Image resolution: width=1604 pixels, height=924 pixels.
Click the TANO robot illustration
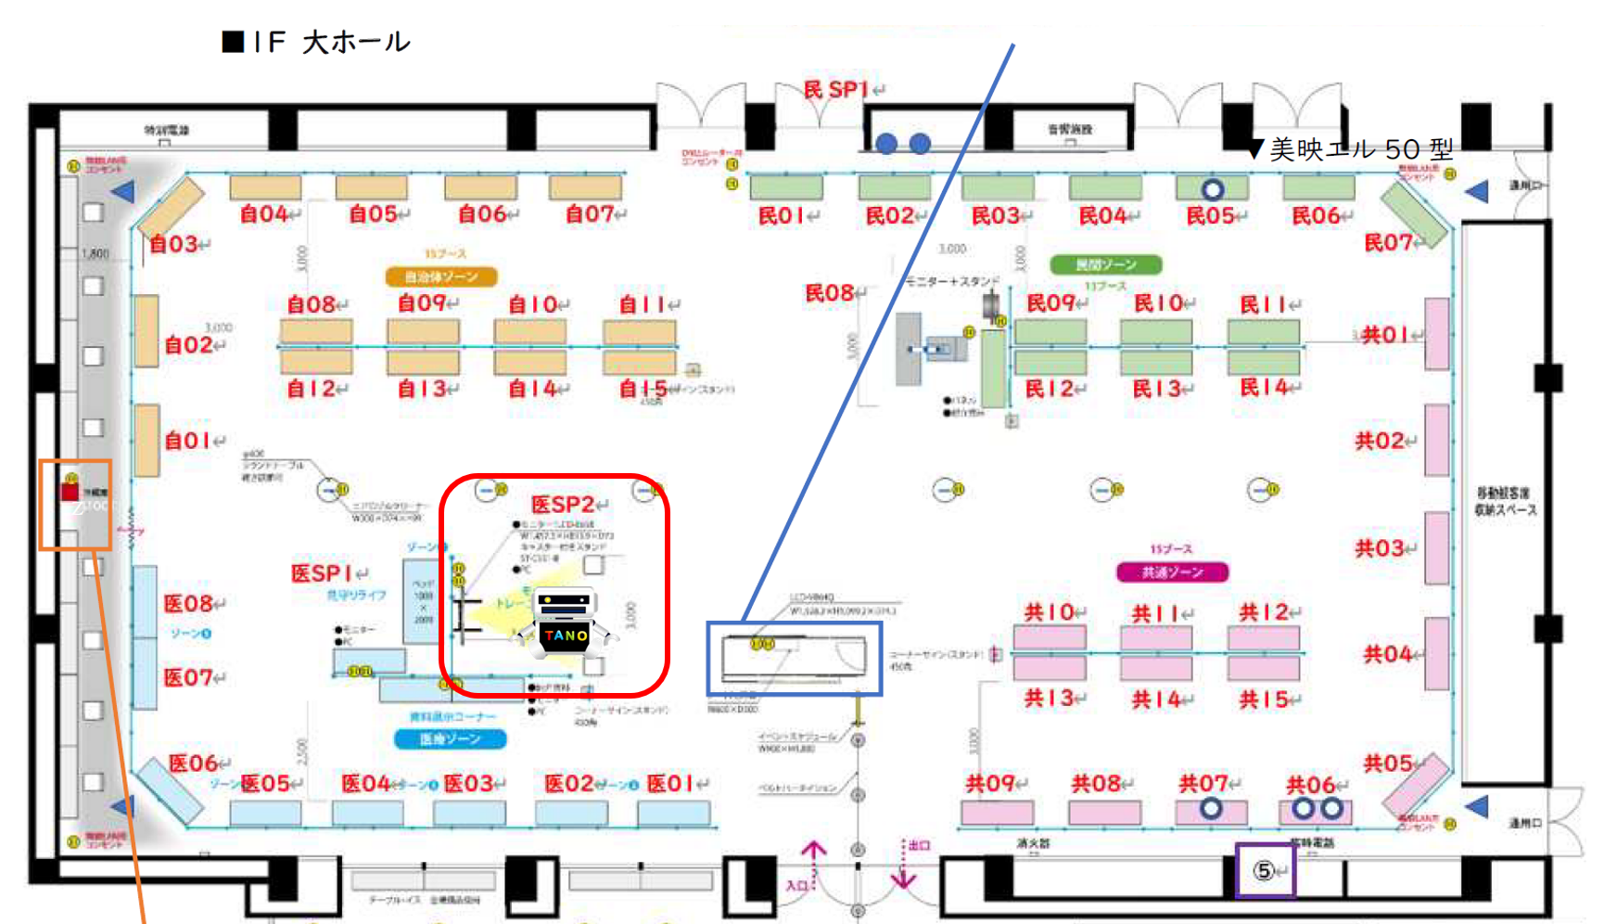coord(565,624)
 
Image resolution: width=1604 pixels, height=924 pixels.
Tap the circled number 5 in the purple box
coord(1264,871)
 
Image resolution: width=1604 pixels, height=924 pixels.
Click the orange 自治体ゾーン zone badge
coord(441,276)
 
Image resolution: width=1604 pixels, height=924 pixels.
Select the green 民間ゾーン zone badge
coord(1105,265)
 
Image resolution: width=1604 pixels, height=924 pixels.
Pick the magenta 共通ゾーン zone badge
coord(1172,572)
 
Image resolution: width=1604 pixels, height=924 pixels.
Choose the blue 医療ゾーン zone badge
coord(450,738)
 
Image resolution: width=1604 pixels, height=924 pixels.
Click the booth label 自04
coord(265,214)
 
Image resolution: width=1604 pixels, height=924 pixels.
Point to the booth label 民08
coord(829,293)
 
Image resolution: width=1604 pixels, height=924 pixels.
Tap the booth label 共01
coord(1385,334)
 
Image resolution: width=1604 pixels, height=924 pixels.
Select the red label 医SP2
coord(564,505)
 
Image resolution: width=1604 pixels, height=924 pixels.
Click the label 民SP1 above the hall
coord(836,90)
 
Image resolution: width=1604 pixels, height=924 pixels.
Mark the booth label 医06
coord(193,764)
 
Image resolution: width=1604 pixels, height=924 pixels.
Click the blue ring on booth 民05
coord(1212,190)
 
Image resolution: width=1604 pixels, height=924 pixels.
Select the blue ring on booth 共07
coord(1210,809)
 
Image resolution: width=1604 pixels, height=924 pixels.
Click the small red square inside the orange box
coord(70,491)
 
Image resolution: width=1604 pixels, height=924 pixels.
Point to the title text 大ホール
coord(356,42)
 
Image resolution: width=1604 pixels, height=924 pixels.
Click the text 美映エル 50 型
coord(1361,149)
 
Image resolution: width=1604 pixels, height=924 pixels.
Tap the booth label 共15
coord(1264,699)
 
